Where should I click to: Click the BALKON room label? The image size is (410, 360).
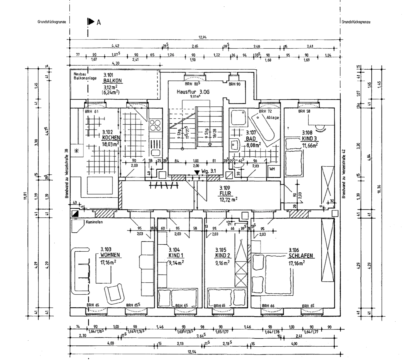112,81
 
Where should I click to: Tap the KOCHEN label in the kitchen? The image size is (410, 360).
111,138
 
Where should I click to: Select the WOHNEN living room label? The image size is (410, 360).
110,255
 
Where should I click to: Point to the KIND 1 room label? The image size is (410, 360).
176,255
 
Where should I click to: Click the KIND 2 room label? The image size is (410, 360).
223,255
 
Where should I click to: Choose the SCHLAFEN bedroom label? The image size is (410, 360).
300,256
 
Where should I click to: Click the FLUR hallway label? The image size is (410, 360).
226,193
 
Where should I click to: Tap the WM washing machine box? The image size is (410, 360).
272,169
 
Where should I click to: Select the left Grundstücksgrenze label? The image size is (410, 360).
52,22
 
